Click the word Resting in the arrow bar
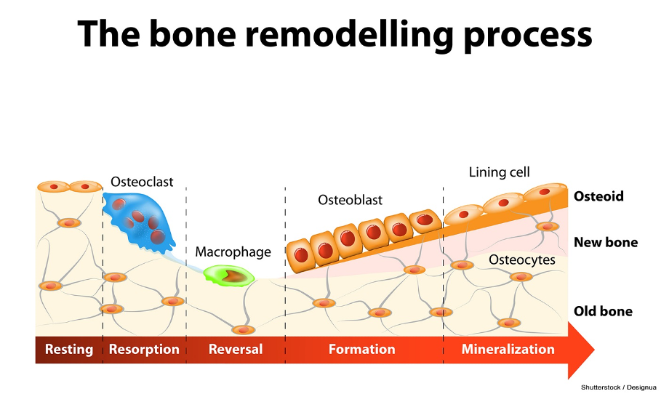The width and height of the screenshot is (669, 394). pos(69,349)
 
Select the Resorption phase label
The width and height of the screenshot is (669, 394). pos(144,349)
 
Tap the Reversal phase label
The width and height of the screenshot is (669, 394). pos(236,349)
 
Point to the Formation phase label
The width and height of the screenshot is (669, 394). pos(361,349)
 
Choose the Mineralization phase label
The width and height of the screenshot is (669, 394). pos(508,349)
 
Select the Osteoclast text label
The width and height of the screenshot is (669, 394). pos(142,182)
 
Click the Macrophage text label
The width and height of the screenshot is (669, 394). pos(233,252)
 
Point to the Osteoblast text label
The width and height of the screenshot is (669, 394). pos(350,200)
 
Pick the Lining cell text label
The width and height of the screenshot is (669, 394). pos(499,173)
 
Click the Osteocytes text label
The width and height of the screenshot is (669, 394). pos(522,260)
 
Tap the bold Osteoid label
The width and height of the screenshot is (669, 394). pos(598,196)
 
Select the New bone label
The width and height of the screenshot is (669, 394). pos(605,242)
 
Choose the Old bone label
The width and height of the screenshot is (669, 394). pos(603,311)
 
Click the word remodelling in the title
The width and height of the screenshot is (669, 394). pos(331,34)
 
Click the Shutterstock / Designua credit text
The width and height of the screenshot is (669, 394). pos(619,386)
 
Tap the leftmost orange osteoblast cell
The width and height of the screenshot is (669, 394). pos(300,252)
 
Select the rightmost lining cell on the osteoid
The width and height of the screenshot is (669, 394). pos(545,194)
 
